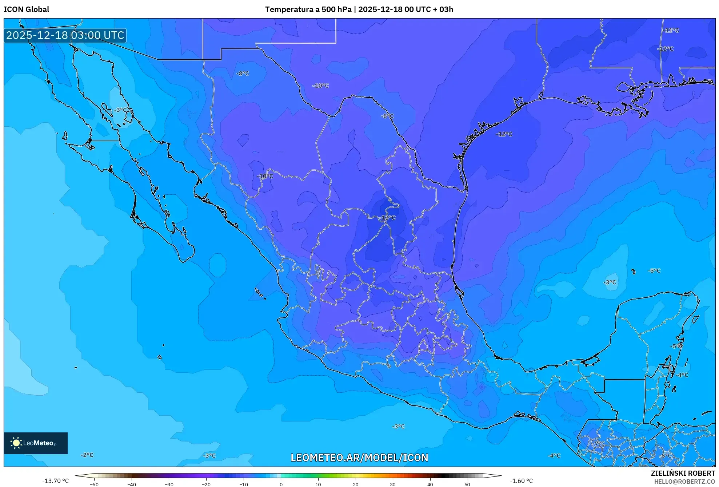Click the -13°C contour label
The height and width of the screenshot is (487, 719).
point(388,218)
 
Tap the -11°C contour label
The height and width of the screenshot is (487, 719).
point(671,31)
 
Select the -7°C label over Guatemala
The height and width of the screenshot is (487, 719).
point(598,444)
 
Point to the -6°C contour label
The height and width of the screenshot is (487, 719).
point(666,456)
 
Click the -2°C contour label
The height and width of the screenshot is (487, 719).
point(87,455)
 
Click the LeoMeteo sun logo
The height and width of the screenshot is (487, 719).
point(16,443)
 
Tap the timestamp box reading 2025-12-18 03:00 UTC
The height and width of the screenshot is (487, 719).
point(65,35)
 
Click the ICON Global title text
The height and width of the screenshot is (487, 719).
point(26,9)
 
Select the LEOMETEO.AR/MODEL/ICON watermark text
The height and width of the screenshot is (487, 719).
point(359,458)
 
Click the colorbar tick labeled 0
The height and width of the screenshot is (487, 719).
point(281,484)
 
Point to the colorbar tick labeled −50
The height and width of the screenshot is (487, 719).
point(94,484)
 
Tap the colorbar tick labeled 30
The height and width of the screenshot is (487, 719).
point(393,484)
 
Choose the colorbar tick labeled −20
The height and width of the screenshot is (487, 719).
point(206,484)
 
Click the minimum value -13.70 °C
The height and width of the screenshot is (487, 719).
point(55,481)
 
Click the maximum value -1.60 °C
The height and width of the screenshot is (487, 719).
point(521,481)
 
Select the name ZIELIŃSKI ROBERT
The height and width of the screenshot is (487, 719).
point(683,473)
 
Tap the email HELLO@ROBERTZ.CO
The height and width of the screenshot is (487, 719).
point(684,482)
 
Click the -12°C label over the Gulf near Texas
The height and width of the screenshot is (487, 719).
point(504,134)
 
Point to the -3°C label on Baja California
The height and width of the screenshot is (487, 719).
point(120,110)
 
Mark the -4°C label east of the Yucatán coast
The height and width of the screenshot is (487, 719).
point(682,375)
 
